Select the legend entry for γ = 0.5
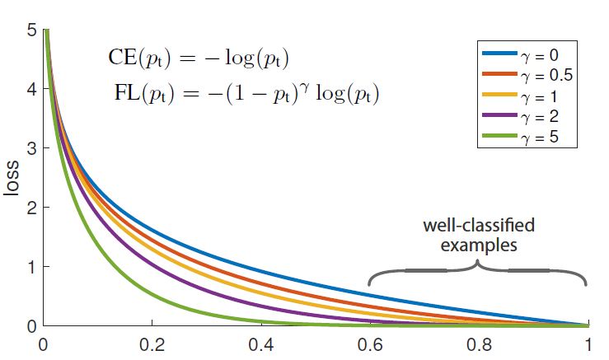click(527, 77)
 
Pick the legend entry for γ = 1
click(527, 96)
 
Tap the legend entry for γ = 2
click(527, 116)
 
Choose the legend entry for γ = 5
click(527, 136)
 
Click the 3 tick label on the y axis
click(30, 149)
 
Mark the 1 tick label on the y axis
click(30, 267)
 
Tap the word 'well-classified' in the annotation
click(478, 225)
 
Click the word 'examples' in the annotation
click(478, 245)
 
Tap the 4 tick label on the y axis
click(30, 90)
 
